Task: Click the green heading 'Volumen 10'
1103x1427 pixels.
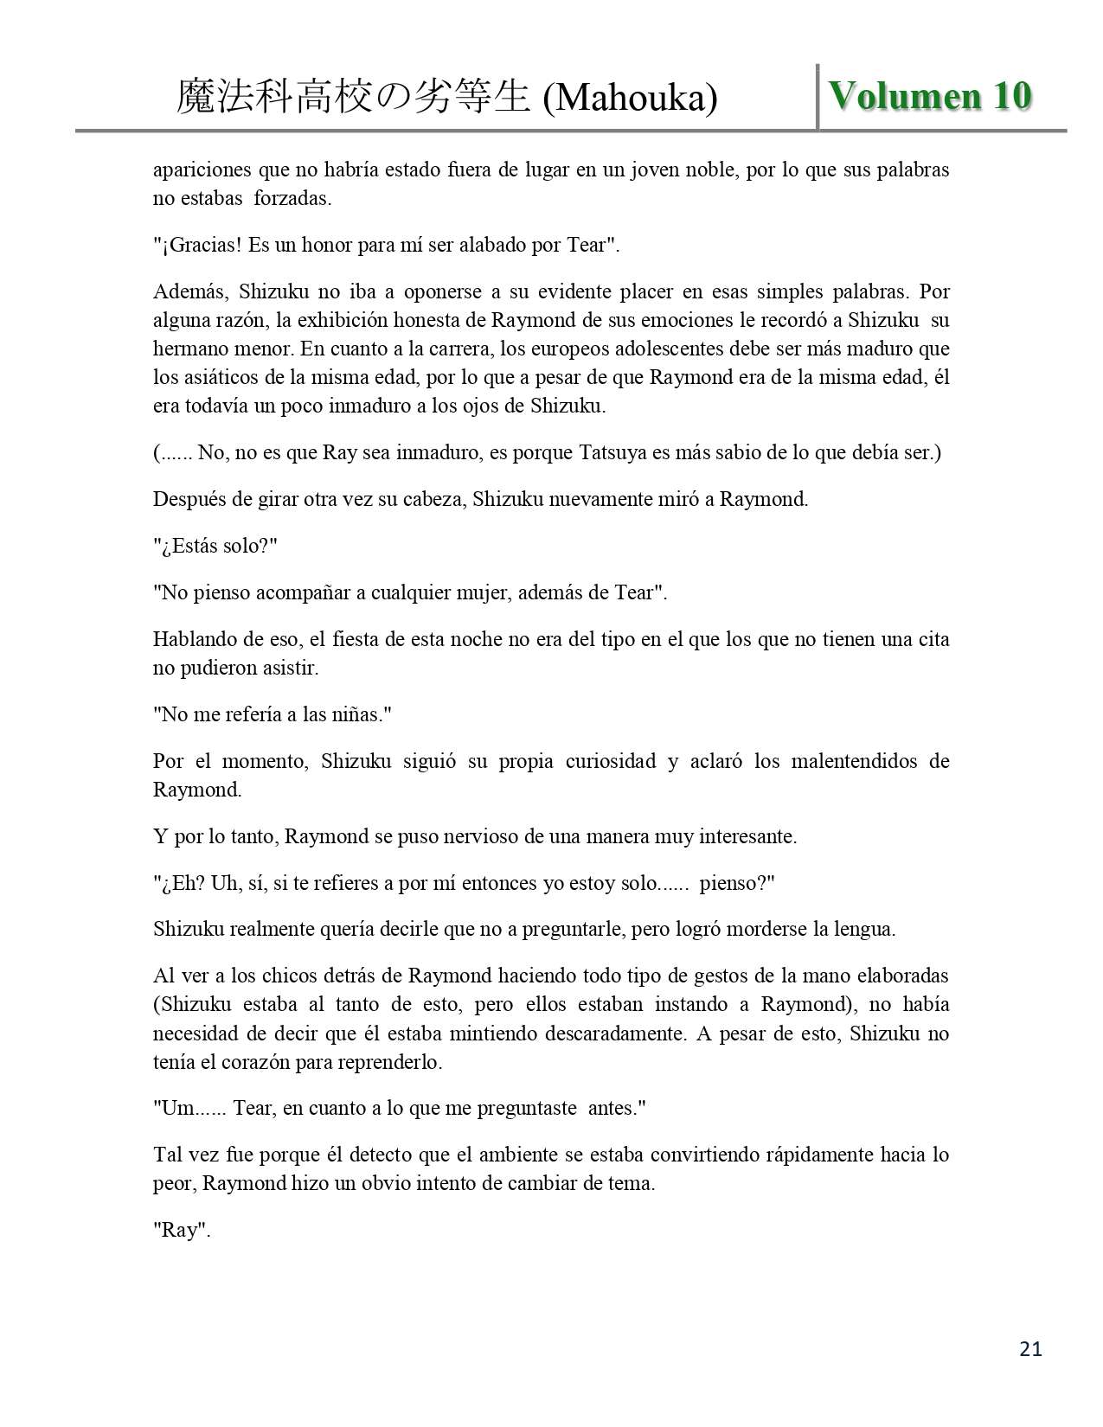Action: (x=930, y=96)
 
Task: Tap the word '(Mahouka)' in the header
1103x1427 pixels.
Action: (x=631, y=99)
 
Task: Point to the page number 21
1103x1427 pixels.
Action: (x=1030, y=1348)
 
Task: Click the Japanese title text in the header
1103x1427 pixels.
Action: (x=353, y=98)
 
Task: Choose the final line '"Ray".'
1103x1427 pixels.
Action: (x=182, y=1231)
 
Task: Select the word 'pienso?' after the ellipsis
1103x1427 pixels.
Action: (x=736, y=883)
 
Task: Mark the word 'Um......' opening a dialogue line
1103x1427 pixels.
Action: (x=195, y=1108)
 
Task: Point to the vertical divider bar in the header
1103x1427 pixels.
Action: (x=818, y=97)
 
